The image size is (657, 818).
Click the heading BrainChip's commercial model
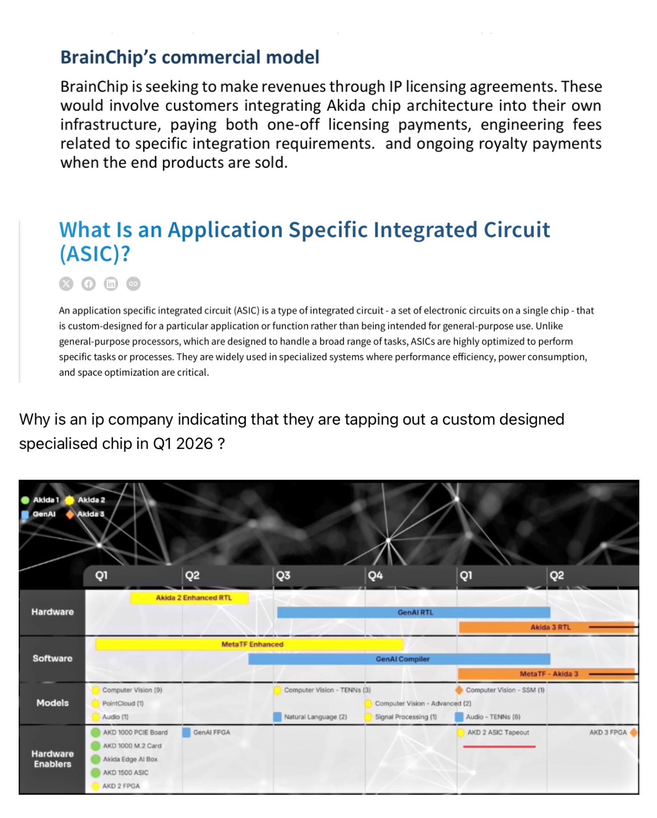[x=189, y=57]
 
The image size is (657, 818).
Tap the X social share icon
[x=66, y=284]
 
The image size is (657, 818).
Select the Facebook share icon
[x=88, y=284]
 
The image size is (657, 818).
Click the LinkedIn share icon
[x=111, y=284]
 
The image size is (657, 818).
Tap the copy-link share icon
[x=133, y=284]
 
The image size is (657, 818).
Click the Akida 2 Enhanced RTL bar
[x=190, y=598]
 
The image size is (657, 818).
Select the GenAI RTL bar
[x=414, y=612]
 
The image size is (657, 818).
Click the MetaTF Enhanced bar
[x=250, y=644]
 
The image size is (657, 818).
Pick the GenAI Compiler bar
[x=399, y=659]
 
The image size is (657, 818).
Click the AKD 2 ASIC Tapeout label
[x=497, y=732]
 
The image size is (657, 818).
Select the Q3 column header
[x=283, y=576]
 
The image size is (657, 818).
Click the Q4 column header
[x=375, y=576]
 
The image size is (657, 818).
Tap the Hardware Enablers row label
[x=53, y=759]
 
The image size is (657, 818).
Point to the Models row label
[x=53, y=703]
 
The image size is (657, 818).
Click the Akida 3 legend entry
[x=90, y=514]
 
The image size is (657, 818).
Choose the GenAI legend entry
[x=43, y=514]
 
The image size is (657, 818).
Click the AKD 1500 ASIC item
[x=125, y=773]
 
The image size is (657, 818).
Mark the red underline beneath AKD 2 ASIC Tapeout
[x=499, y=746]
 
